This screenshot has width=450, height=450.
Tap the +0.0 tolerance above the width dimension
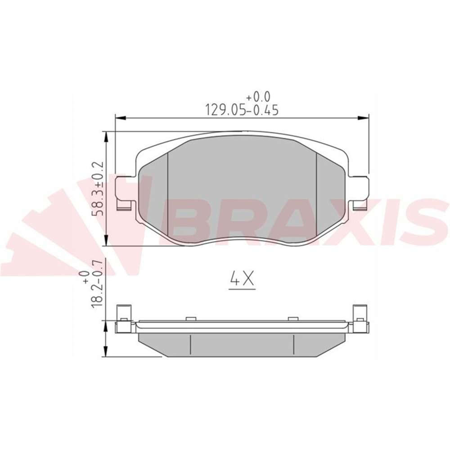tap(258, 97)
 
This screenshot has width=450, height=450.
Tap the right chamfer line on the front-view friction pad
tap(317, 193)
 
